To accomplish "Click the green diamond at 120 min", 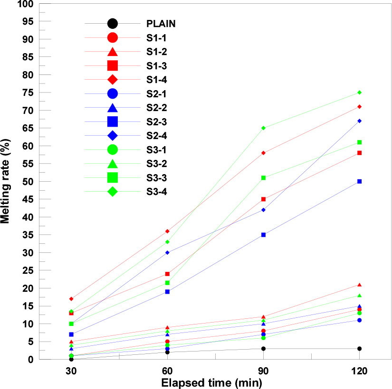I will pos(360,93).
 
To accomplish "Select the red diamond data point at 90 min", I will pos(263,153).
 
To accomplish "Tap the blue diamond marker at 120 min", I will pos(360,121).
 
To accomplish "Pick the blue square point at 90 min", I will pos(263,235).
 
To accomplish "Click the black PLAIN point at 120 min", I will pos(360,349).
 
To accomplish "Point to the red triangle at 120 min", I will pos(360,285).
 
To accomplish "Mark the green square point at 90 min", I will pos(263,178).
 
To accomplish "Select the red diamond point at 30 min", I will pos(71,299).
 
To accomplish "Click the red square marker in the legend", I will pos(113,65).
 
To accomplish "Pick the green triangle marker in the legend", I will pos(113,164).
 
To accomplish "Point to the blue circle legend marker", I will pos(113,93).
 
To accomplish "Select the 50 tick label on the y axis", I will pos(28,182).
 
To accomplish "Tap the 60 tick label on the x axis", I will pos(167,373).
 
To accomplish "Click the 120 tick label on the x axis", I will pos(360,373).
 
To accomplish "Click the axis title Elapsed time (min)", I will pos(211,382).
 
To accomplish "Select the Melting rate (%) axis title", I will pos(7,182).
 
